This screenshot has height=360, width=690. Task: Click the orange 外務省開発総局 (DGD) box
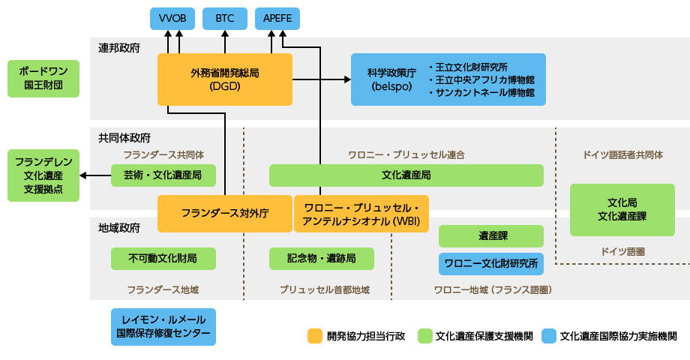pos(224,79)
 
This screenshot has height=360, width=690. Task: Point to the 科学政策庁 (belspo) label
pos(386,79)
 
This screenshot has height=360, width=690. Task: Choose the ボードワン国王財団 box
pos(43,79)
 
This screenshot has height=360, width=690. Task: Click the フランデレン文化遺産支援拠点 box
pos(43,175)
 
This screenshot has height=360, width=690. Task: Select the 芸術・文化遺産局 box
pos(163,175)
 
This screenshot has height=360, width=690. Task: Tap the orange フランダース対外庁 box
pos(225,213)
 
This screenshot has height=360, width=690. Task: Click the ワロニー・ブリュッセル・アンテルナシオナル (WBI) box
pos(361,213)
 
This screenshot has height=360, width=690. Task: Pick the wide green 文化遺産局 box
pos(406,175)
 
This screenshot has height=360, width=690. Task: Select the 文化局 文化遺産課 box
pos(622,209)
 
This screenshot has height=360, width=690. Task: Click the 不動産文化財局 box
pos(163,259)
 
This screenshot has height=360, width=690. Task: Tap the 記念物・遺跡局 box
pos(321,259)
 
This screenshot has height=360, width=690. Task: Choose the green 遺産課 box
pos(490,236)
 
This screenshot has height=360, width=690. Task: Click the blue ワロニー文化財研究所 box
pos(490,264)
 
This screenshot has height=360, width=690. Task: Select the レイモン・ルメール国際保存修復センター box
pos(163,327)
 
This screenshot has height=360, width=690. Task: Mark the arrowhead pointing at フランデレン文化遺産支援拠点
pos(82,175)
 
